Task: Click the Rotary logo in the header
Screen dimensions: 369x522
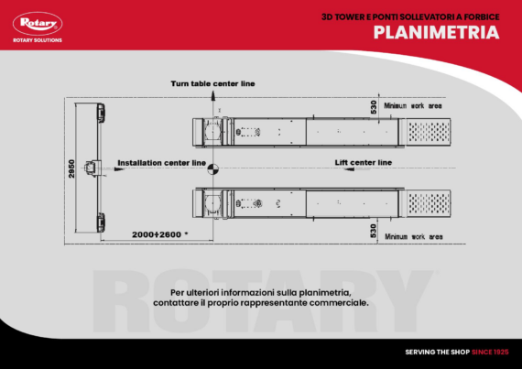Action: [x=36, y=24]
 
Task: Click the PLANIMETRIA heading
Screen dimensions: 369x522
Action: [x=436, y=33]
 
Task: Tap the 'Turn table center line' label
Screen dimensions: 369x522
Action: [x=212, y=83]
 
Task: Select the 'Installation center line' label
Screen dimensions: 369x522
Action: [x=161, y=163]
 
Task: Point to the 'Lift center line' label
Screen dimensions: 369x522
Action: [x=363, y=162]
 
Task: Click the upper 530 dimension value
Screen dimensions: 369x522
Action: [x=374, y=107]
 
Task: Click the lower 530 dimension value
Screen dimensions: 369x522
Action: [x=374, y=229]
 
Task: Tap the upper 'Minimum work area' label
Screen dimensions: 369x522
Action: [x=413, y=105]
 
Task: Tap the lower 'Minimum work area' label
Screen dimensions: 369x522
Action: [x=413, y=236]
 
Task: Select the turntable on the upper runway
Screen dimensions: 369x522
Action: [x=213, y=131]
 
